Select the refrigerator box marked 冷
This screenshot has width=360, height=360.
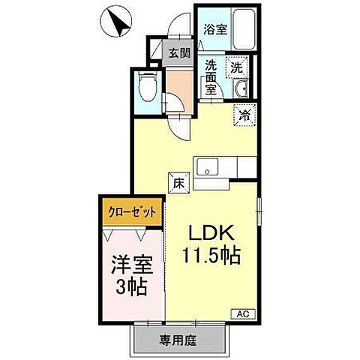pos(245,115)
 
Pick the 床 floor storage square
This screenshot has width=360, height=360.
pos(178,181)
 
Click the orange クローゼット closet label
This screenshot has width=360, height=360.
pos(130,212)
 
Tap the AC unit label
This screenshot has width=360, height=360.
pos(243,313)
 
